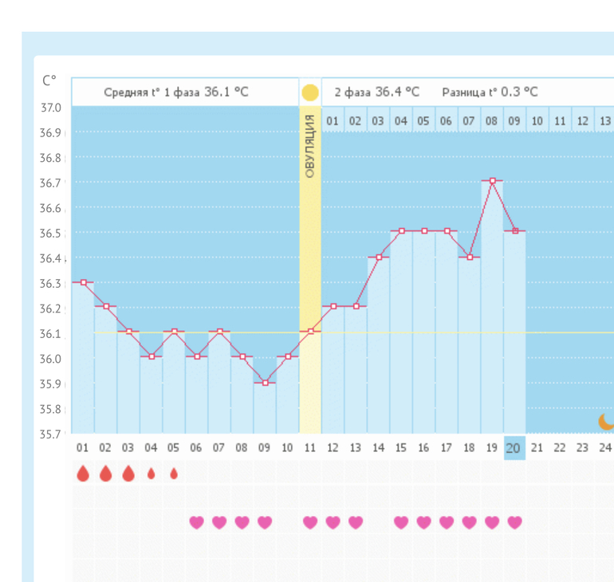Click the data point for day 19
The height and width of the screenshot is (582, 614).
click(x=493, y=181)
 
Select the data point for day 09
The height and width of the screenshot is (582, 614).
click(x=266, y=383)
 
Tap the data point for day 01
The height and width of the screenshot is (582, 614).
click(x=83, y=282)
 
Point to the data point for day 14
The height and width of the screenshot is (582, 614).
click(x=379, y=257)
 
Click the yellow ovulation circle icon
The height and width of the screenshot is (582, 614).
click(x=310, y=92)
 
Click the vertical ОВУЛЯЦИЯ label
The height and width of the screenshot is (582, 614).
click(x=310, y=145)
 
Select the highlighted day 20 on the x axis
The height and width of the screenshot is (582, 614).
click(x=514, y=448)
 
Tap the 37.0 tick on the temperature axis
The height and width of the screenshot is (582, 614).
click(x=52, y=108)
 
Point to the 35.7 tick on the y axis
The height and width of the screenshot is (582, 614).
click(x=52, y=435)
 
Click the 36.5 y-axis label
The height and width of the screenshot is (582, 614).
click(x=52, y=233)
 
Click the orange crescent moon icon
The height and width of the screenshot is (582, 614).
click(x=607, y=421)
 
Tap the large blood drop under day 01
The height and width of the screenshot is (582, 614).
click(x=83, y=474)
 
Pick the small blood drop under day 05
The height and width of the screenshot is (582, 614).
click(x=174, y=473)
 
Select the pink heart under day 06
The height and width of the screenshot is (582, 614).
click(x=196, y=522)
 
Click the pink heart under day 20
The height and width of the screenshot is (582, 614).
click(x=515, y=522)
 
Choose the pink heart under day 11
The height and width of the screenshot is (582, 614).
click(x=310, y=522)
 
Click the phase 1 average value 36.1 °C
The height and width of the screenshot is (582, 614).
click(x=226, y=92)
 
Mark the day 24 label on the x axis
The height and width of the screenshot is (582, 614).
click(x=605, y=448)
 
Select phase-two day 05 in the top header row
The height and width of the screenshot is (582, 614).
click(x=423, y=121)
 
